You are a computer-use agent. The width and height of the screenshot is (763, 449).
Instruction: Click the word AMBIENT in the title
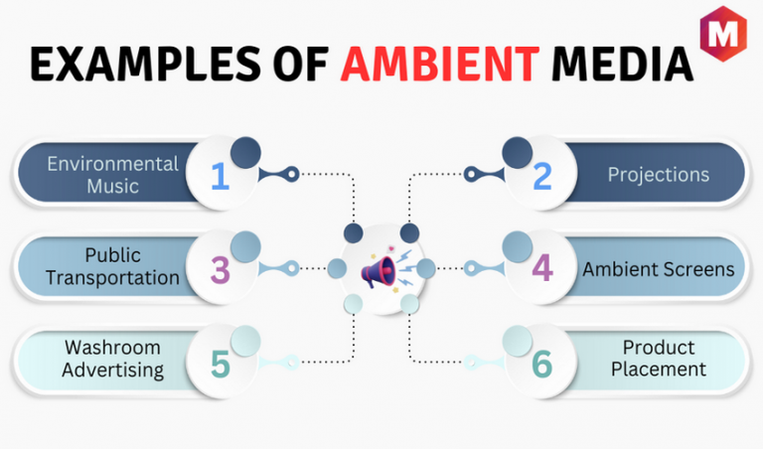(440, 64)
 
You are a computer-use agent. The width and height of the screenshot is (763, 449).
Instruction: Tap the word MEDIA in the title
(622, 64)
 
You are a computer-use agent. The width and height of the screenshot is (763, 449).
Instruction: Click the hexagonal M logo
(723, 34)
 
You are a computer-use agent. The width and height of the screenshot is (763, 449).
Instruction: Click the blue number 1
(220, 176)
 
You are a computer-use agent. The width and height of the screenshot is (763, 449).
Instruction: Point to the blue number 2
(542, 176)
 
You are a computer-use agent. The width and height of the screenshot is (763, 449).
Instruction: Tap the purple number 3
(220, 270)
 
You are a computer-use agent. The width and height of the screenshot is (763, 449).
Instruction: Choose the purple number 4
(542, 267)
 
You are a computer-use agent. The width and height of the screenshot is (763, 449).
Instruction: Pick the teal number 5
(220, 365)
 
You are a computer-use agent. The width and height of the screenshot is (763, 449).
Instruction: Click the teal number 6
(542, 365)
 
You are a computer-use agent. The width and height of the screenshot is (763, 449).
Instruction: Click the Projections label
(659, 175)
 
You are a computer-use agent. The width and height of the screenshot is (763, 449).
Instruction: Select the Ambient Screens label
(659, 269)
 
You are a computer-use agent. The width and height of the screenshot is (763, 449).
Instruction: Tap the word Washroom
(112, 348)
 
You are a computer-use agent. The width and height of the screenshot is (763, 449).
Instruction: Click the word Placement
(659, 370)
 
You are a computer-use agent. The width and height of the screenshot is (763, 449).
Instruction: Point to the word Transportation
(112, 278)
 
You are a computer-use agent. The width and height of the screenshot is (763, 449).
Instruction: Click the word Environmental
(113, 164)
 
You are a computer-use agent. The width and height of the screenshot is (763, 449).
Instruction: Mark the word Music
(113, 187)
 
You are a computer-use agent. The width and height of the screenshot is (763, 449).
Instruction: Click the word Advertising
(112, 371)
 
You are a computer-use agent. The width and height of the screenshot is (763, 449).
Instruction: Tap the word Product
(659, 348)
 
